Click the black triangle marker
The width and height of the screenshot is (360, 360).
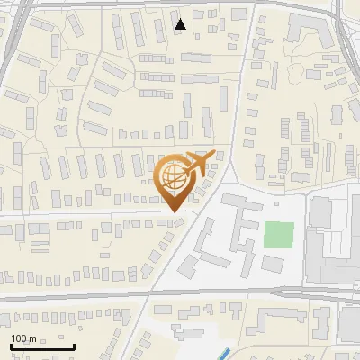pos(181,24)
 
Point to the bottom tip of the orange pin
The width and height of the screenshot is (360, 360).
pos(175,212)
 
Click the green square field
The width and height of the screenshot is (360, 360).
pos(279,235)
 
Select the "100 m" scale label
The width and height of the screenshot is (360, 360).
pos(23,338)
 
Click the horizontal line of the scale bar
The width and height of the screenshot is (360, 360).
pos(41,346)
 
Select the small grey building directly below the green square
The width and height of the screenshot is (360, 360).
pos(272,264)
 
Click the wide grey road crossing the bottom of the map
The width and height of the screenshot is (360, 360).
pos(180,292)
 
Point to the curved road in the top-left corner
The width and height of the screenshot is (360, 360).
pos(11,40)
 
